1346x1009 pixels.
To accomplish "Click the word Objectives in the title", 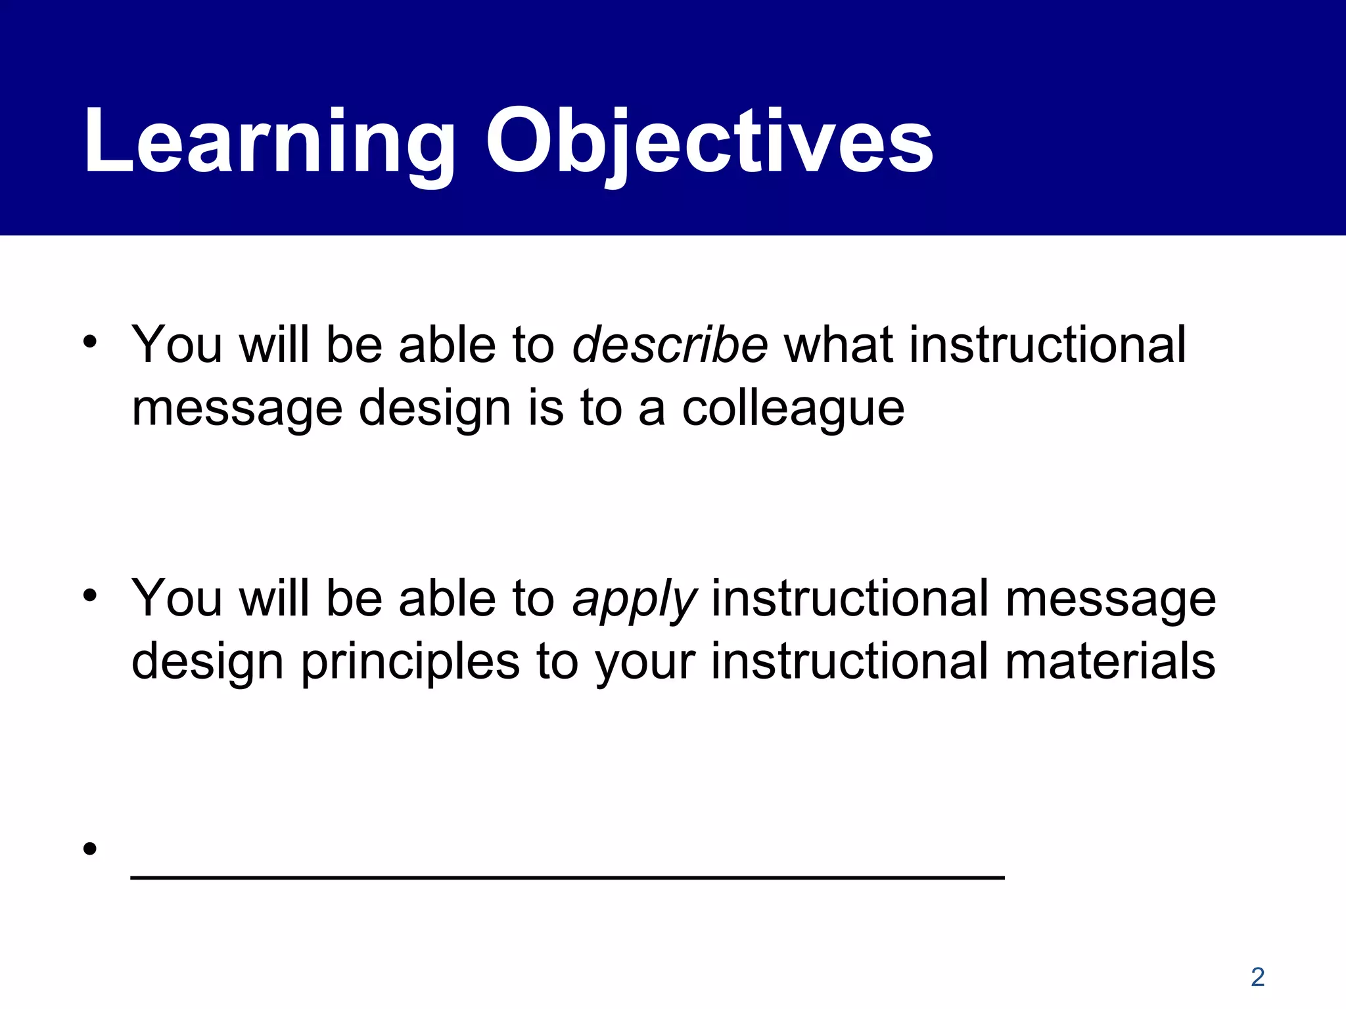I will click(x=708, y=141).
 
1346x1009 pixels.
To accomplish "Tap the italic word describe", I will click(x=669, y=344).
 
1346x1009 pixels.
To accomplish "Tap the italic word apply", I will click(x=634, y=599).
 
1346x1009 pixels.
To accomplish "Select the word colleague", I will click(x=793, y=408).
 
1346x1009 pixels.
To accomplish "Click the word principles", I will click(x=410, y=661).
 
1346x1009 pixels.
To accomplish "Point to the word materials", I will click(x=1110, y=661).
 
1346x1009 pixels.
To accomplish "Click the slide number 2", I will click(x=1257, y=977).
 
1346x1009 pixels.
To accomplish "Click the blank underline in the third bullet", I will click(x=567, y=876).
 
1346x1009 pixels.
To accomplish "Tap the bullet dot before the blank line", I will click(x=90, y=849).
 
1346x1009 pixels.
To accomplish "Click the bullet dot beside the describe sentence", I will click(x=90, y=342).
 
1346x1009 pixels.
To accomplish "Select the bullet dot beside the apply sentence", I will click(x=90, y=596).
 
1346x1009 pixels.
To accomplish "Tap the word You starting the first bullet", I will click(x=176, y=344).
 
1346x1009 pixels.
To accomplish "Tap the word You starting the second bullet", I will click(x=176, y=598).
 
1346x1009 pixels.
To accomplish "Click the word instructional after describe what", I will click(x=1048, y=344).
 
